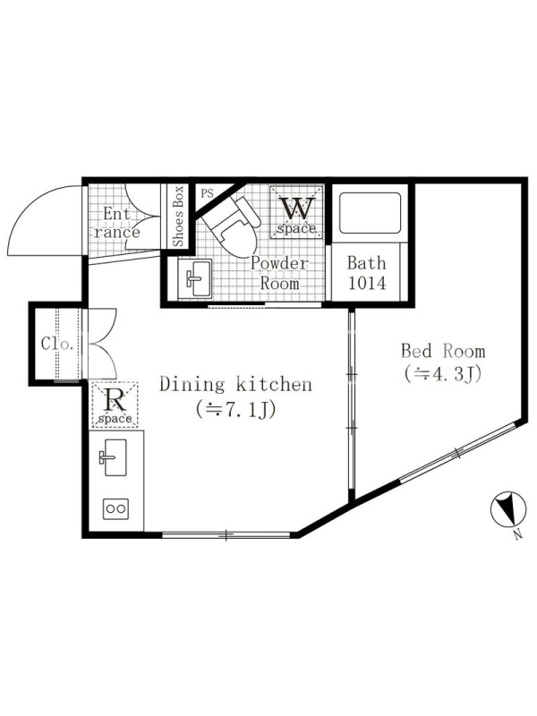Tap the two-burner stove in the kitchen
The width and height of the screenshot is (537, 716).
point(116,508)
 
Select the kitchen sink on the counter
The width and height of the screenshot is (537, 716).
point(115,457)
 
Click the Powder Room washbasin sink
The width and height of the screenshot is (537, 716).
point(195,278)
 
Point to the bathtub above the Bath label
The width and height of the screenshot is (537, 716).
point(371,213)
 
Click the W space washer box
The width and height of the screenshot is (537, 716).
point(297,211)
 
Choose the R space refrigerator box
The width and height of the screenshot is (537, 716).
point(115,405)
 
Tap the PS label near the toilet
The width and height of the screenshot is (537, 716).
point(207,193)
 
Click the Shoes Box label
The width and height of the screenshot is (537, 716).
point(177,216)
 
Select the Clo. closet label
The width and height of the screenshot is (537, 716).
point(57,344)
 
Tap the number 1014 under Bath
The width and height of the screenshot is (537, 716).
point(367,283)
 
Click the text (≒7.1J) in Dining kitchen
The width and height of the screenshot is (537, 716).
point(236,410)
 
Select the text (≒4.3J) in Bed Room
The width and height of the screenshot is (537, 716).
point(442,373)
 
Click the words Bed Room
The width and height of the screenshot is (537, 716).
point(443,351)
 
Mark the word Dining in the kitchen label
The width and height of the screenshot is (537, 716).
point(192,385)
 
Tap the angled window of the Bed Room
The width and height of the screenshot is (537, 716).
point(457,452)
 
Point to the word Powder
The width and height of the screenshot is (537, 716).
point(279,263)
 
